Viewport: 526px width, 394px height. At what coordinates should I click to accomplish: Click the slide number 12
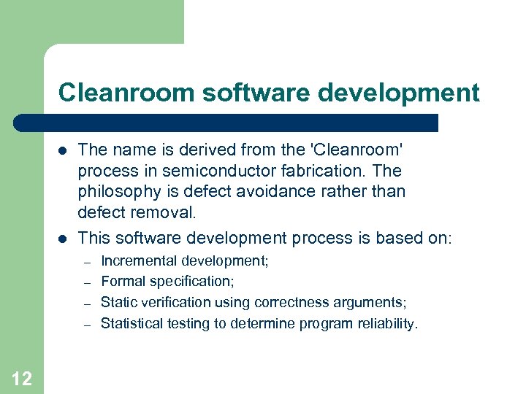pos(22,378)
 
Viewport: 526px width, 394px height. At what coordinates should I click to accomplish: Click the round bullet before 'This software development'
pos(63,239)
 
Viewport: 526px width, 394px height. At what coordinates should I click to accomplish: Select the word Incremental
pos(139,260)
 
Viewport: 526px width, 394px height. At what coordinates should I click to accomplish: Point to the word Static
pos(116,302)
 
